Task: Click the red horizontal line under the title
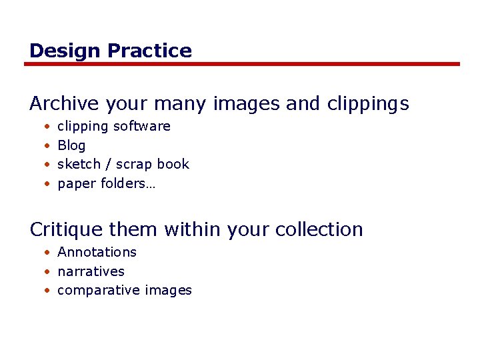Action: point(241,64)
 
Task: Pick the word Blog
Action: point(71,146)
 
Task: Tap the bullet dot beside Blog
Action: point(47,145)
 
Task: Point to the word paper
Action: point(77,184)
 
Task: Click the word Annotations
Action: point(97,252)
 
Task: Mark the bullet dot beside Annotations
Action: point(47,253)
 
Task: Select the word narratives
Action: point(91,271)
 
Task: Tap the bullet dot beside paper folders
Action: point(47,183)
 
